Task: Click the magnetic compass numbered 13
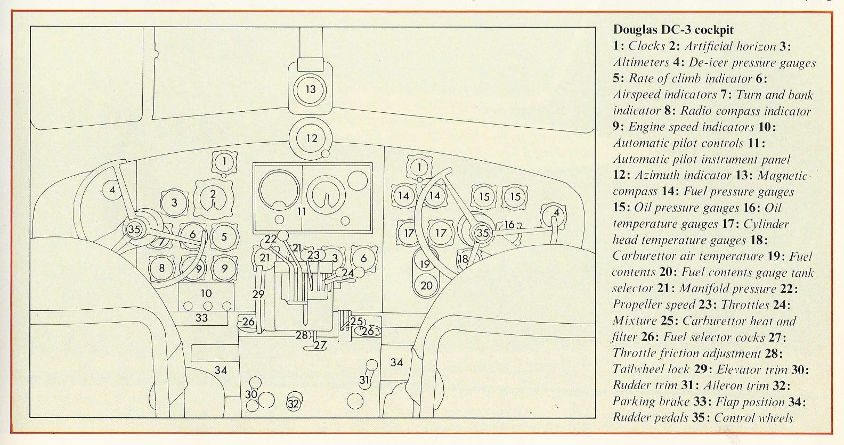click(x=311, y=89)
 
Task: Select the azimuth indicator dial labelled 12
click(x=312, y=138)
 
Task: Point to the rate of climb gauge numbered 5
click(x=224, y=237)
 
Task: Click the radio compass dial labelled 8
click(x=162, y=268)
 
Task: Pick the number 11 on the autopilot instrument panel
click(x=302, y=211)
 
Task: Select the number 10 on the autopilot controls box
click(x=206, y=293)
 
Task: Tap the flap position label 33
click(x=201, y=318)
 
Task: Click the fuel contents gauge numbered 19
click(x=425, y=264)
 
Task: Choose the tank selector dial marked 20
click(x=426, y=285)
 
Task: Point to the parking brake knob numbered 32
click(x=294, y=403)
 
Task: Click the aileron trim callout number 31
click(x=364, y=380)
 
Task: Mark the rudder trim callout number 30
click(x=251, y=394)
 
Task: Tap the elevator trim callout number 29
click(x=259, y=294)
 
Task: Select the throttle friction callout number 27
click(x=320, y=344)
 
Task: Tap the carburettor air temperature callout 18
click(x=462, y=259)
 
